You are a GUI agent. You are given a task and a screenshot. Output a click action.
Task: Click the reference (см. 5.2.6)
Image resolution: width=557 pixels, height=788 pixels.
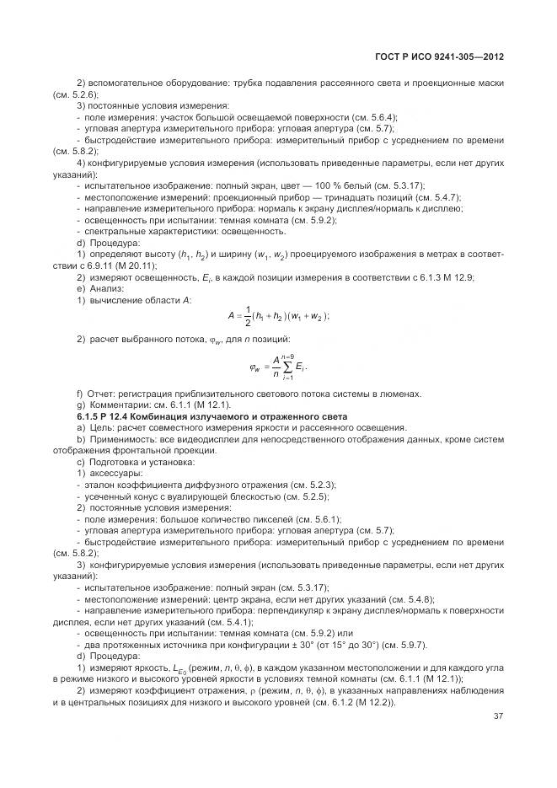coord(72,94)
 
